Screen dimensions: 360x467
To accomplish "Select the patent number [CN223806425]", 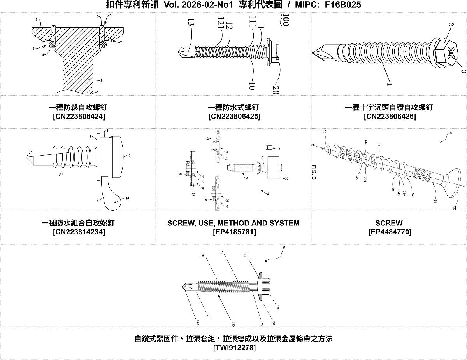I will (x=234, y=116).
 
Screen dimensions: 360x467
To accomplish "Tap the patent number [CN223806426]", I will (x=389, y=116).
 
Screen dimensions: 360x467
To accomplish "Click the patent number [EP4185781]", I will (x=234, y=232).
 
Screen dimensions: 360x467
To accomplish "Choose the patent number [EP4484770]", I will (x=389, y=232).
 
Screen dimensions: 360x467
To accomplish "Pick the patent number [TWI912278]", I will (x=234, y=348).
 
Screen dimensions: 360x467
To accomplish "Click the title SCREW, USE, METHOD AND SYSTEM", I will (x=233, y=223).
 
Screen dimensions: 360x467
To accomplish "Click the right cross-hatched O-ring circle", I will (x=103, y=45).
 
